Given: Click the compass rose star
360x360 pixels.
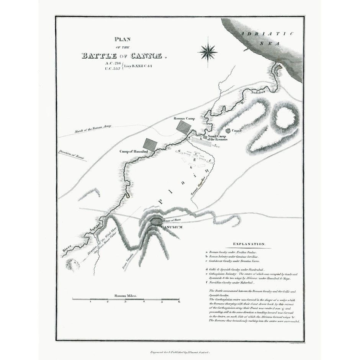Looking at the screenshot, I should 208,51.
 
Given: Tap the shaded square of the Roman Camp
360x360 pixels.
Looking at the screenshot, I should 183,127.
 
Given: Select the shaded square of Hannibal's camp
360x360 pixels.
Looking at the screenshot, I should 150,144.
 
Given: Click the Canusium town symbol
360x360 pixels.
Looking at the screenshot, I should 156,221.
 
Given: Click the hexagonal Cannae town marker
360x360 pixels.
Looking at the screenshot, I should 228,131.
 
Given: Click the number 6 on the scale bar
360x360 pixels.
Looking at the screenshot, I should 179,302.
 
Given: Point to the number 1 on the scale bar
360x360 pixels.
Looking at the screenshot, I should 90,302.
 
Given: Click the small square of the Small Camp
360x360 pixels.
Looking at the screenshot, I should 205,137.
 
